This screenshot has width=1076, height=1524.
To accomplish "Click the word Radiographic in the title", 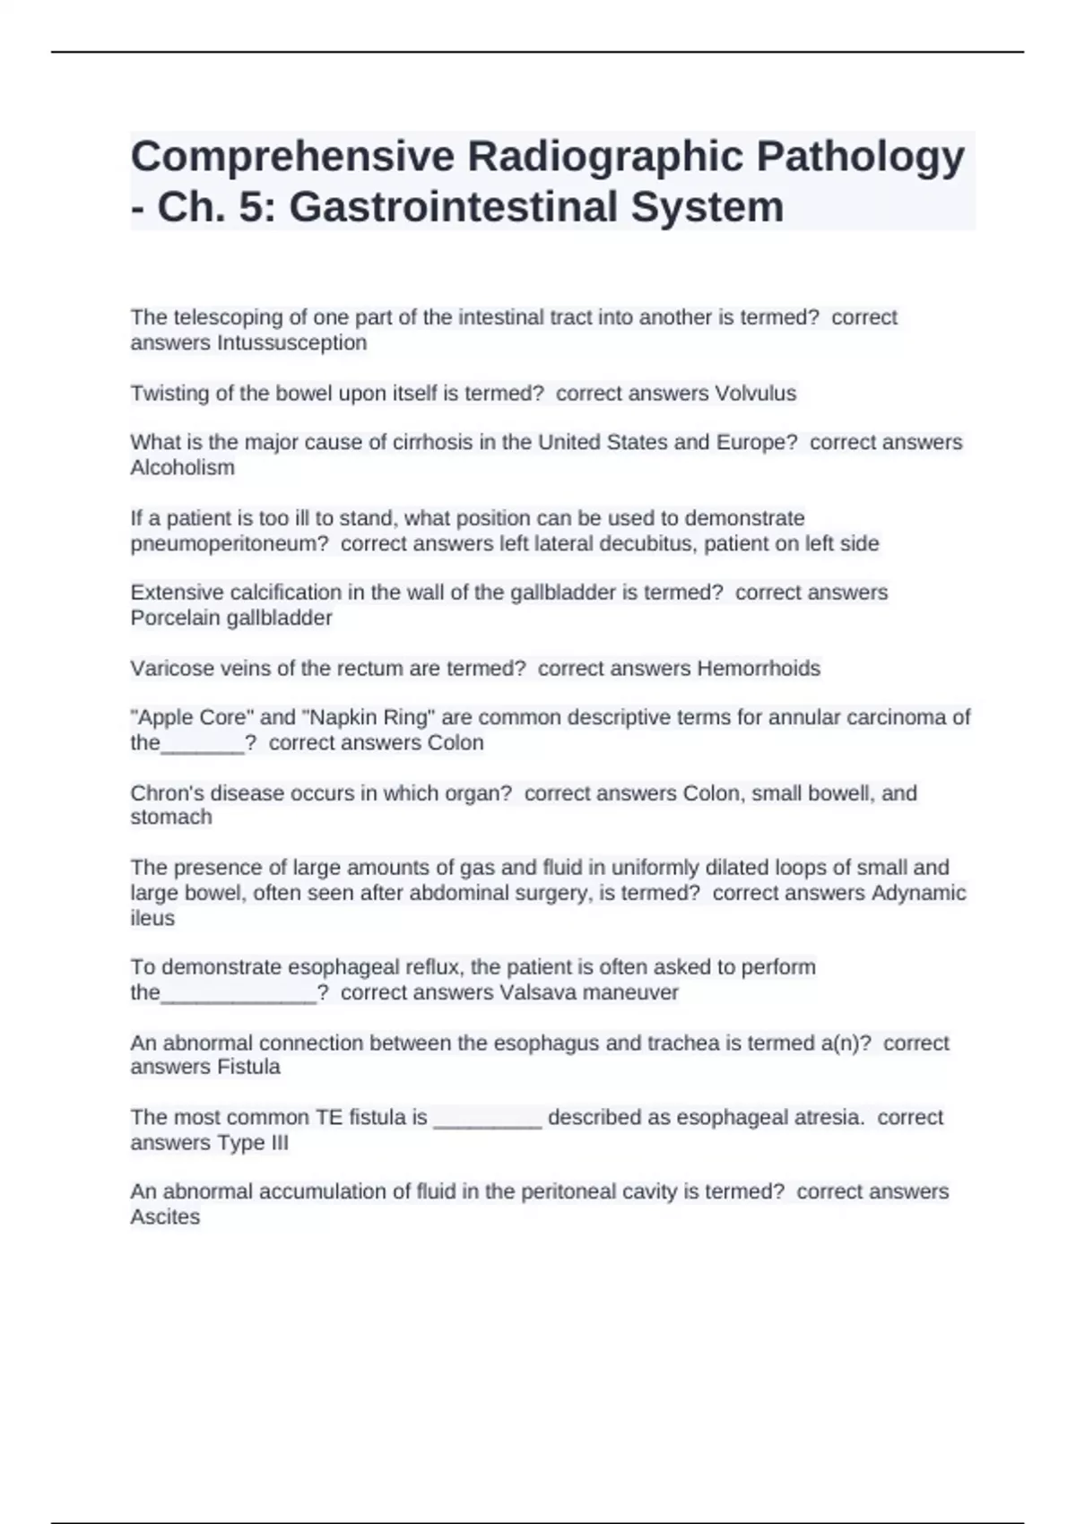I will click(x=603, y=157).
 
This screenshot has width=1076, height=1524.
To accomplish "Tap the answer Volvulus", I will click(x=755, y=394).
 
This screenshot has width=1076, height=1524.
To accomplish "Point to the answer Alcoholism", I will click(x=182, y=468).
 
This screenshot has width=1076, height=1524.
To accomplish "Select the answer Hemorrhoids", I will click(x=759, y=669).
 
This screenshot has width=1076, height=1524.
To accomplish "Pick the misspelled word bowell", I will click(x=840, y=793).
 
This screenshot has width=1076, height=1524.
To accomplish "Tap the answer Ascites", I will click(x=165, y=1217).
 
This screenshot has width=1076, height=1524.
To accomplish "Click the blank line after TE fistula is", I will click(x=487, y=1119).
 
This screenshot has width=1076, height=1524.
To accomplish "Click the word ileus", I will click(x=152, y=918).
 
